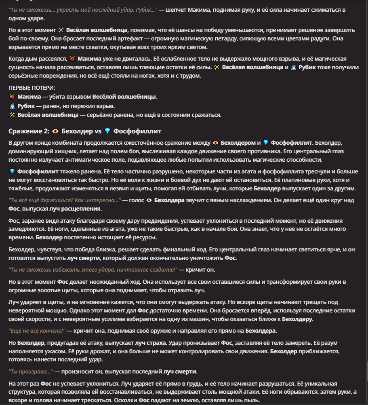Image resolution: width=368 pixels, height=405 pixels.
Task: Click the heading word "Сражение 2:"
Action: click(x=28, y=131)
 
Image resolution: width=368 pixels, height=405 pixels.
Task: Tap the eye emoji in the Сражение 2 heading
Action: click(x=55, y=131)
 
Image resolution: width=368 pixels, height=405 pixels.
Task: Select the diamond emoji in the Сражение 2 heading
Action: click(x=107, y=131)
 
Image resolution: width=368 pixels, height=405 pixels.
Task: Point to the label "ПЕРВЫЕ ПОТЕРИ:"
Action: click(x=32, y=88)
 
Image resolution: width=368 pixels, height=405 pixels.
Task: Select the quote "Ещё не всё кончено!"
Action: click(x=37, y=331)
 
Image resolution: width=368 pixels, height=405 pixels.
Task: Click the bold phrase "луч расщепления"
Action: click(x=76, y=209)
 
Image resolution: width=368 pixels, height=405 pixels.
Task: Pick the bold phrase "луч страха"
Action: click(x=150, y=343)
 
